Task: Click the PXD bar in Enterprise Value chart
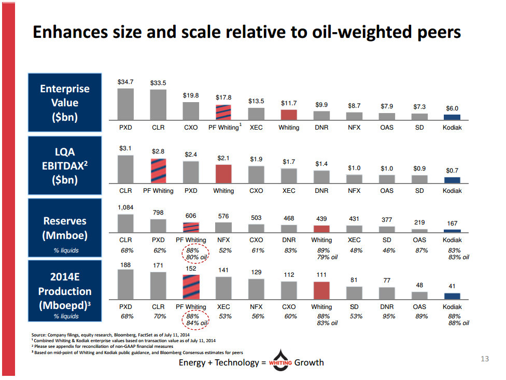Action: [x=125, y=104]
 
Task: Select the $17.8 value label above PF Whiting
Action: [x=223, y=97]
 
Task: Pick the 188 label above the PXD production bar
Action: [x=125, y=265]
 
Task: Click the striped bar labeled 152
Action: [x=191, y=287]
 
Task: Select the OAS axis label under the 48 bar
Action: [x=419, y=307]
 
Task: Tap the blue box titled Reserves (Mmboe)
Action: [x=65, y=228]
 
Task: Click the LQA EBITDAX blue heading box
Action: [x=65, y=165]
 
